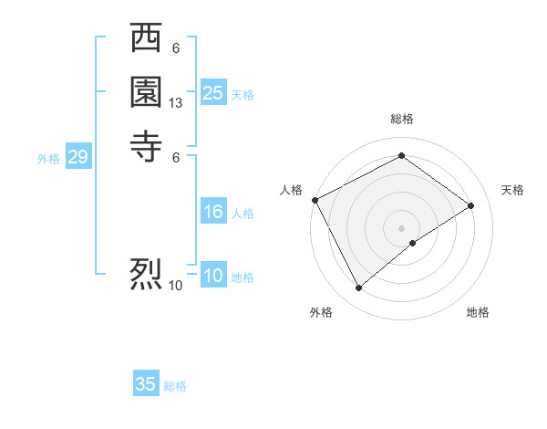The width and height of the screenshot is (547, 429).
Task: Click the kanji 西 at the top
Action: click(146, 40)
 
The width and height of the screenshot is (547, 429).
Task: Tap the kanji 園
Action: click(146, 92)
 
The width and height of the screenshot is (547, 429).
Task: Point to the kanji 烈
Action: click(146, 273)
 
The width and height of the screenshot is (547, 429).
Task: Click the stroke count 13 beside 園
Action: click(176, 103)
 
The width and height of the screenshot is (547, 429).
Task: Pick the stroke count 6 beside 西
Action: click(176, 48)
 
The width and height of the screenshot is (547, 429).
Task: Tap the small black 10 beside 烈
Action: click(176, 286)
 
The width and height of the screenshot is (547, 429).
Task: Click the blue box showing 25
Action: click(213, 92)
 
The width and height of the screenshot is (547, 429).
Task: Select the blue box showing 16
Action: click(213, 212)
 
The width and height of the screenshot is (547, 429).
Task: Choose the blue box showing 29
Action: click(77, 158)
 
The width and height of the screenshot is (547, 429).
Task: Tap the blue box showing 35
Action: click(146, 384)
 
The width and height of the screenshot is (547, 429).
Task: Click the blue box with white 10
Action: click(213, 277)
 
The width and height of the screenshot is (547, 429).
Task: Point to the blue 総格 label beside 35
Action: click(175, 386)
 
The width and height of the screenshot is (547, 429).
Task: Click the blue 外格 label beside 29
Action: click(48, 159)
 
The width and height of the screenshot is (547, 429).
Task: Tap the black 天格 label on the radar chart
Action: click(512, 190)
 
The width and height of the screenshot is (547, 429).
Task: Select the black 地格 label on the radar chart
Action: click(478, 312)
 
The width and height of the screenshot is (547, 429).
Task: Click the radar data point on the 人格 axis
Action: click(315, 200)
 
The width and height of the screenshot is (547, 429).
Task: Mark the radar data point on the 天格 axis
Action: click(471, 205)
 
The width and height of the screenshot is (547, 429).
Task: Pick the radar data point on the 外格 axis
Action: click(358, 288)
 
